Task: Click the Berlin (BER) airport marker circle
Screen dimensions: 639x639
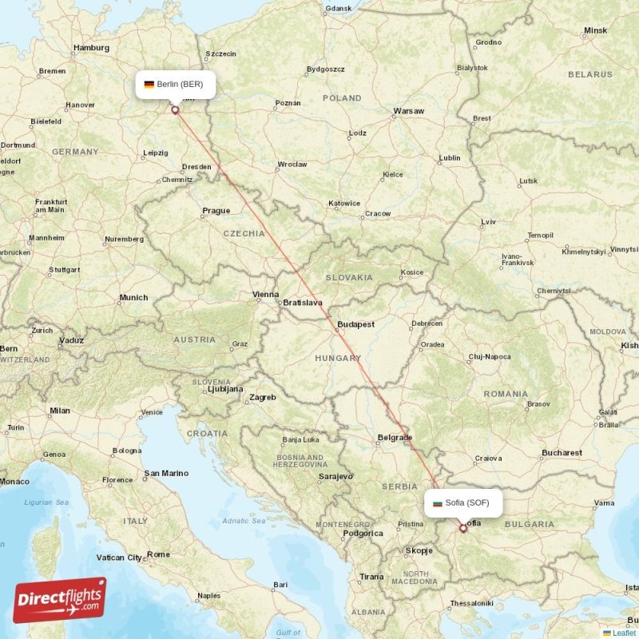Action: pyautogui.click(x=175, y=110)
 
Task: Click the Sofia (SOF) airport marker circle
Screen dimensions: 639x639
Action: pyautogui.click(x=462, y=528)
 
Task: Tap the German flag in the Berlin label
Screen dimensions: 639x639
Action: pyautogui.click(x=149, y=84)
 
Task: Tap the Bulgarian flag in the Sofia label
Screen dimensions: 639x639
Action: pyautogui.click(x=437, y=503)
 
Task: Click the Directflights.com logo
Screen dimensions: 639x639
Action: pyautogui.click(x=60, y=599)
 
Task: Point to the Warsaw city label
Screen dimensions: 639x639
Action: pyautogui.click(x=408, y=111)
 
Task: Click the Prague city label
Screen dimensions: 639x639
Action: pyautogui.click(x=216, y=211)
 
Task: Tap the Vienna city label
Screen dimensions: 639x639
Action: pyautogui.click(x=266, y=294)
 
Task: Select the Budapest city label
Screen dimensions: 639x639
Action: pyautogui.click(x=355, y=324)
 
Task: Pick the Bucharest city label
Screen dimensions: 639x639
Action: pyautogui.click(x=562, y=453)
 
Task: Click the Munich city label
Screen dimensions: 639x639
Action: pyautogui.click(x=133, y=298)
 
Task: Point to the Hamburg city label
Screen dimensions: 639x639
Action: pyautogui.click(x=90, y=48)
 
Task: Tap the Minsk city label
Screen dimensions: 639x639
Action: pyautogui.click(x=595, y=30)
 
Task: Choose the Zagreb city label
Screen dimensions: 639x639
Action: pyautogui.click(x=262, y=397)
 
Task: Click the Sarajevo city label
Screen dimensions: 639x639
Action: pyautogui.click(x=335, y=476)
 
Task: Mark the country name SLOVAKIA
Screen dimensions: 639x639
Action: pyautogui.click(x=348, y=277)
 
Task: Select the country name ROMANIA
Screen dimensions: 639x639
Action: pyautogui.click(x=505, y=394)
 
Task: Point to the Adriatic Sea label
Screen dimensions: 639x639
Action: pyautogui.click(x=244, y=521)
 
